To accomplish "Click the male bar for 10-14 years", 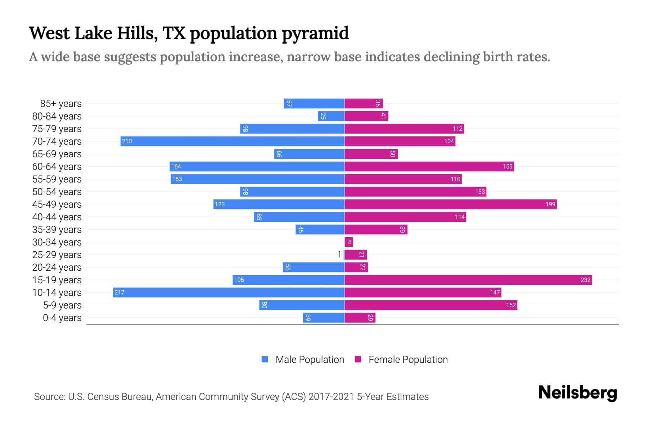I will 229,292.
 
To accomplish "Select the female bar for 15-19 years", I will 468,280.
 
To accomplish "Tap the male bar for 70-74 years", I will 232,141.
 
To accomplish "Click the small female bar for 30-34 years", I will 348,242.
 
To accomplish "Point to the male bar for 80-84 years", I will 331,116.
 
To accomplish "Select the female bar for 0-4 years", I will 360,318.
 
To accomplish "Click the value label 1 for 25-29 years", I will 339,255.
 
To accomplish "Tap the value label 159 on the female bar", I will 508,166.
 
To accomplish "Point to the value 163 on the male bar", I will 177,179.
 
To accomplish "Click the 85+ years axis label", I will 61,104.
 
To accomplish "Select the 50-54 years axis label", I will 57,192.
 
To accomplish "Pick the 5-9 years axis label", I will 62,305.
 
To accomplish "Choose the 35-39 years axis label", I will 57,230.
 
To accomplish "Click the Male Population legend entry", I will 310,359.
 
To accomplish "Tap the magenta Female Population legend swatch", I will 358,359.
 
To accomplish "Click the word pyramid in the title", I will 315,34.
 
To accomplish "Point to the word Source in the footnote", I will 49,397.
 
